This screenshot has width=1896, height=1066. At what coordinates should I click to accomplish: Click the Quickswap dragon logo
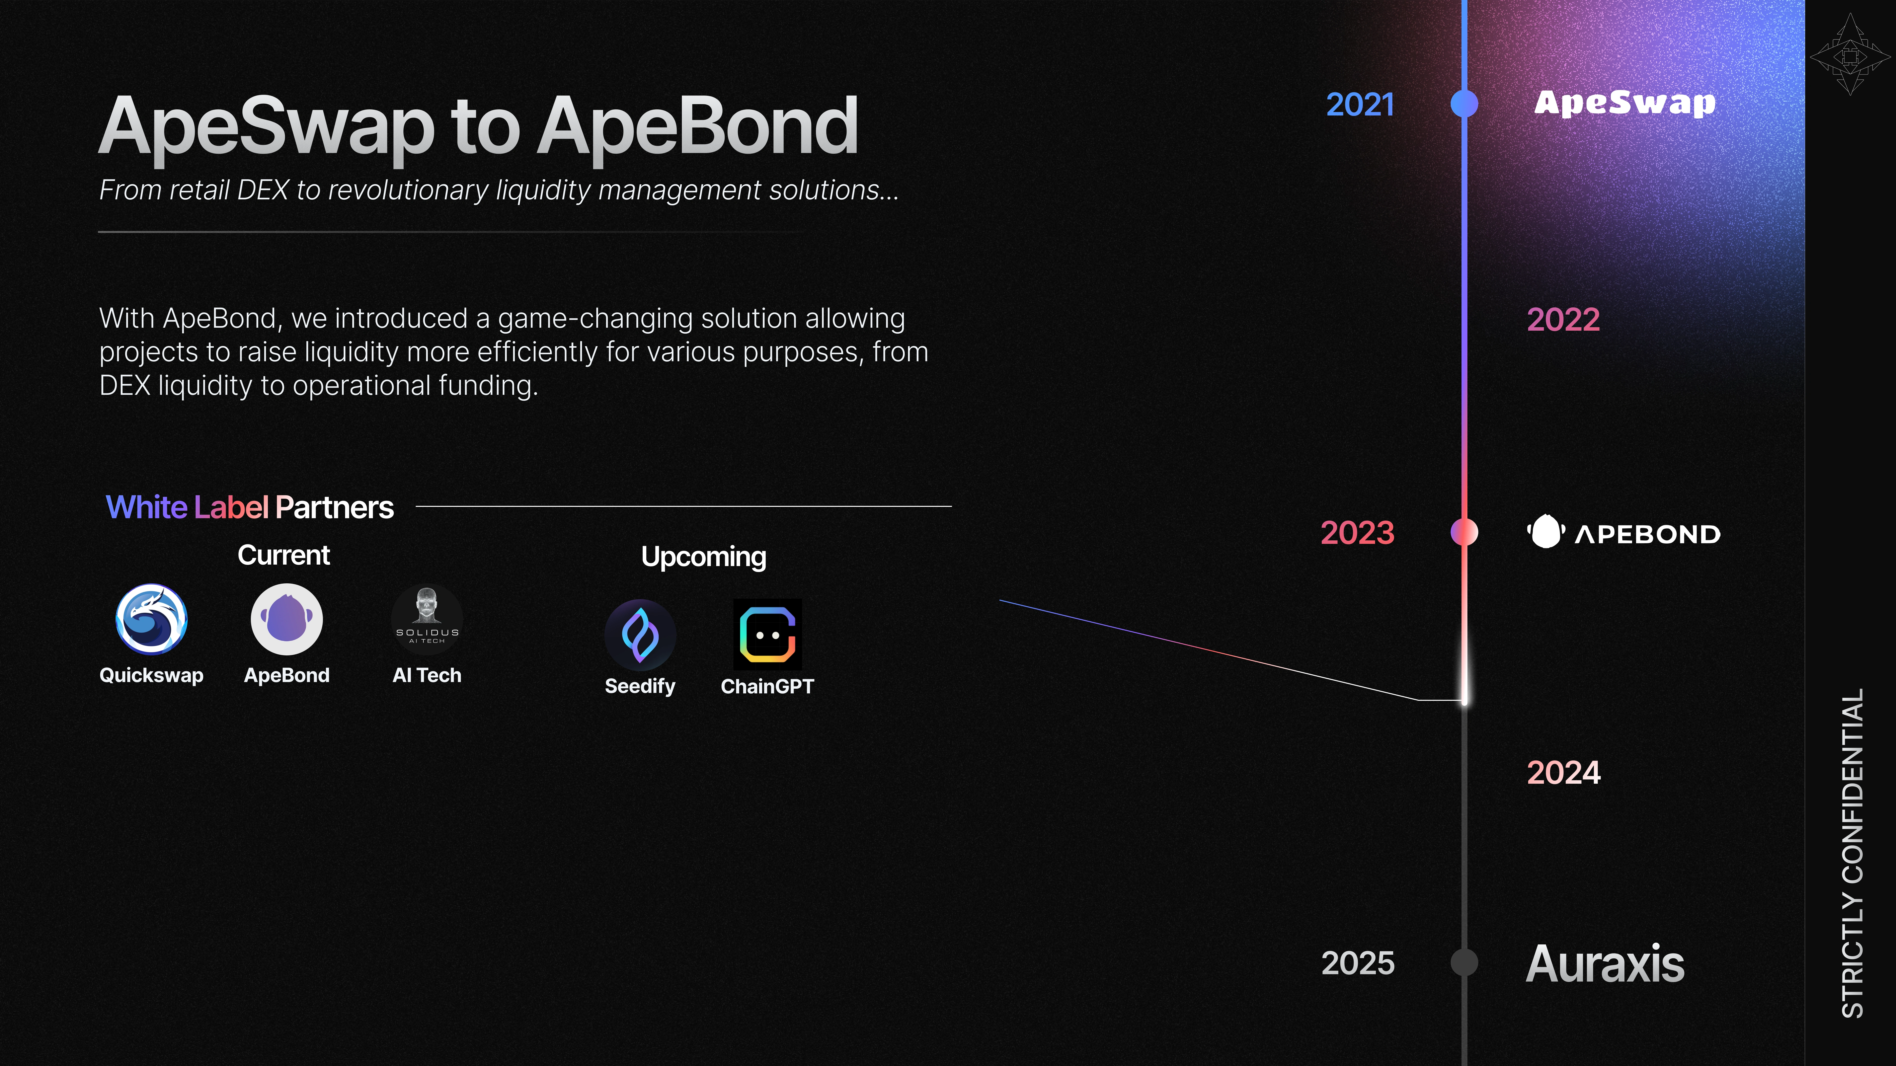point(152,619)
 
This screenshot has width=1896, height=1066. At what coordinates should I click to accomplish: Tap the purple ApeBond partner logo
point(286,619)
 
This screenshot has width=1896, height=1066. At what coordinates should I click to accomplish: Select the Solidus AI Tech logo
point(427,619)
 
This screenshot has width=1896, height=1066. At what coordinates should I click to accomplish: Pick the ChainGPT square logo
point(767,634)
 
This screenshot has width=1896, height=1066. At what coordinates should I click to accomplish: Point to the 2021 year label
point(1360,104)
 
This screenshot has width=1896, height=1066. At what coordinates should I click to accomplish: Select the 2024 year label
point(1563,772)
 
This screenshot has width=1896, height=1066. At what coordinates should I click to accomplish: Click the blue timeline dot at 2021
point(1464,104)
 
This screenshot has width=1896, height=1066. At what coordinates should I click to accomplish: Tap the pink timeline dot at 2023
point(1464,532)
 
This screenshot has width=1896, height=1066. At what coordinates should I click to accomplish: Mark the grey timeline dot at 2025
point(1464,962)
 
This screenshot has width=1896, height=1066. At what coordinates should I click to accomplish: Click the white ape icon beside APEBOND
point(1546,532)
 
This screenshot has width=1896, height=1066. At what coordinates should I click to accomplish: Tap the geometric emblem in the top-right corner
point(1850,55)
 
